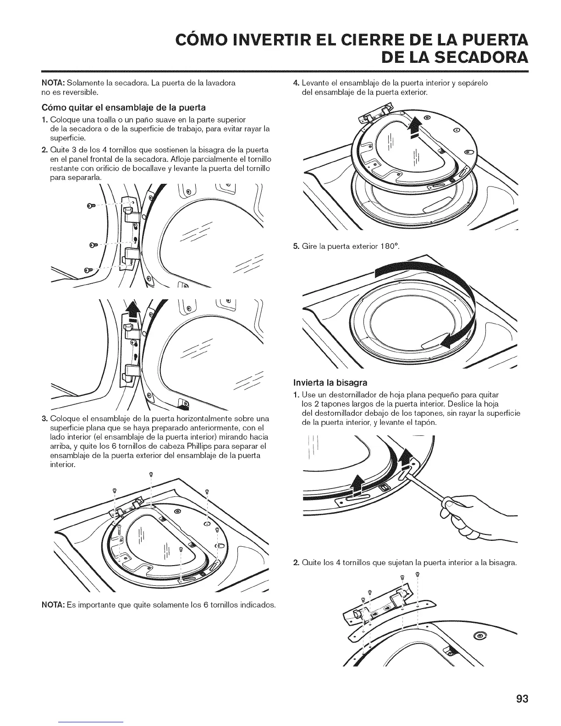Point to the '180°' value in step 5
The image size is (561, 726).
click(x=389, y=247)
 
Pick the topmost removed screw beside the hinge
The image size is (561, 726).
click(x=90, y=207)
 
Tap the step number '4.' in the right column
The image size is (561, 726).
click(x=296, y=83)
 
